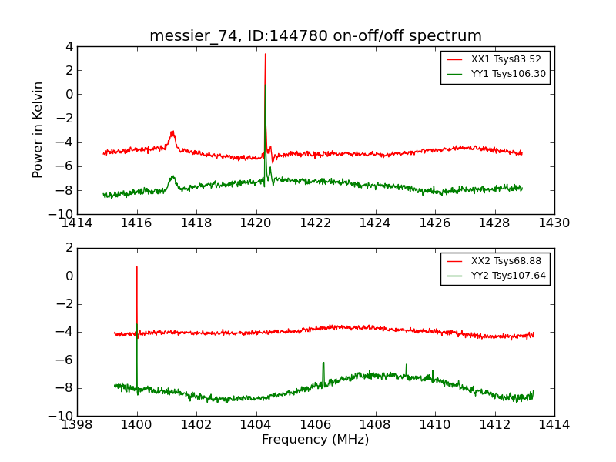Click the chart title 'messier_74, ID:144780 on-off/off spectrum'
[x=316, y=36]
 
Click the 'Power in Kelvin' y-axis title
[x=38, y=129]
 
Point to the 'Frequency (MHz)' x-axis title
[x=316, y=440]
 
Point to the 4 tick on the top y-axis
[x=69, y=46]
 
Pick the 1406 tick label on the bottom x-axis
[x=316, y=425]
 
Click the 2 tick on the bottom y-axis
[x=69, y=248]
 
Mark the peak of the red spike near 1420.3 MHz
[x=265, y=54]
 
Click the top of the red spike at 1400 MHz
[x=137, y=267]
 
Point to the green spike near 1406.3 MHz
[x=323, y=363]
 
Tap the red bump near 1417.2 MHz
[x=172, y=132]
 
